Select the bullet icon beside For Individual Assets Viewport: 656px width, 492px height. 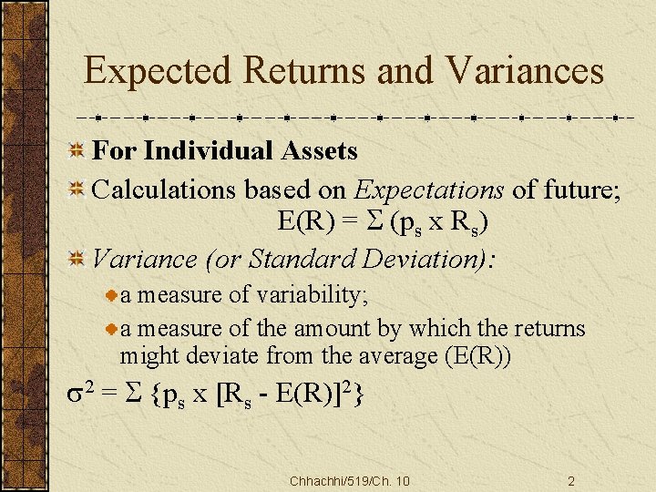click(x=79, y=149)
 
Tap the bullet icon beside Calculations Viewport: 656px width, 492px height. click(x=79, y=190)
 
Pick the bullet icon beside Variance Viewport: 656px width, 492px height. click(x=79, y=259)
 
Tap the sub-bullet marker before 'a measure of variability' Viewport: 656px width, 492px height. click(x=112, y=296)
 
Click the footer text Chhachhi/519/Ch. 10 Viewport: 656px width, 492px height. click(x=349, y=481)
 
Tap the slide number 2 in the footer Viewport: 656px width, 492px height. click(x=571, y=481)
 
